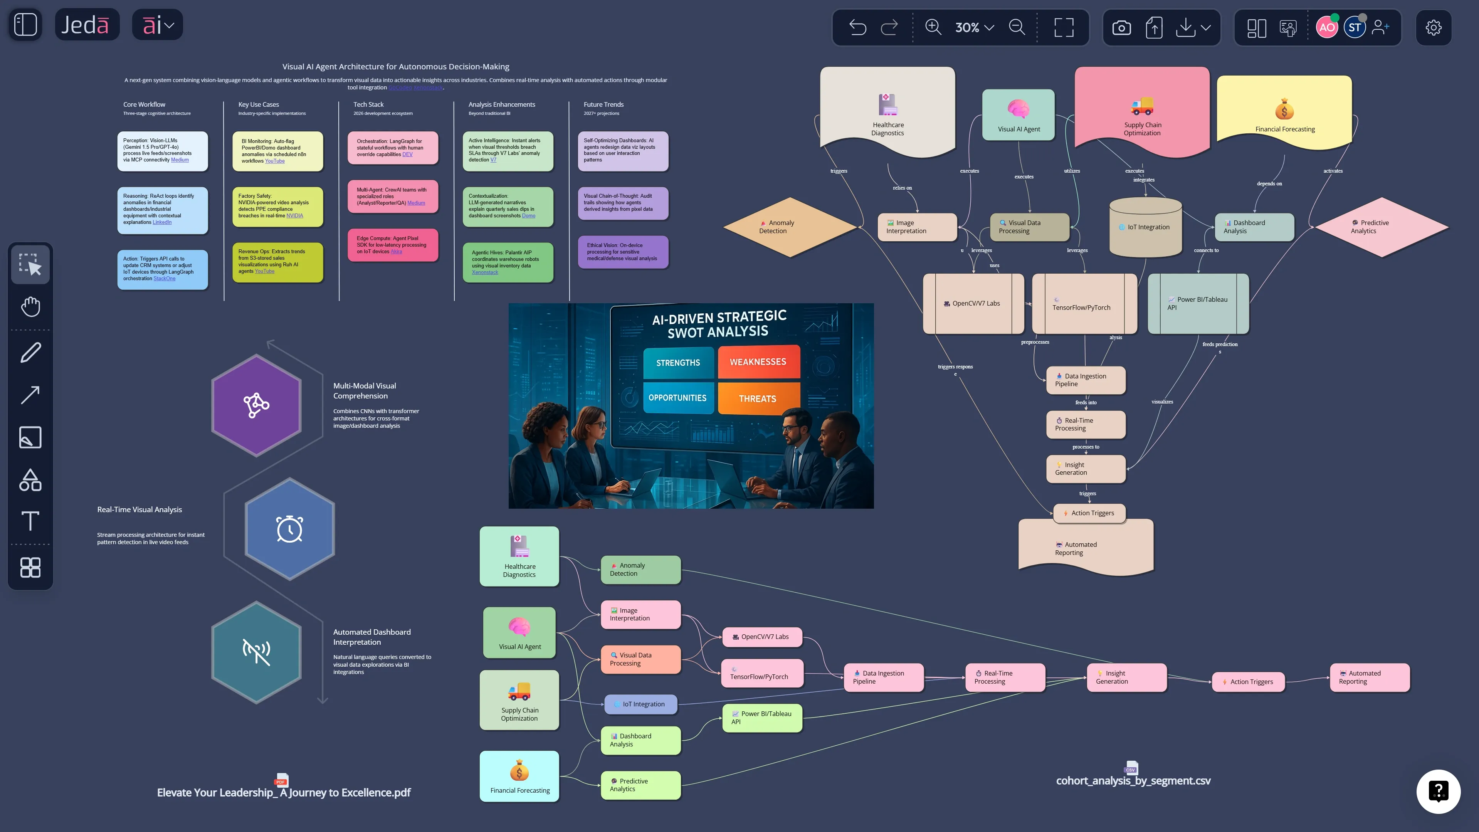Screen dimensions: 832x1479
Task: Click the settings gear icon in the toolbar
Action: (1433, 27)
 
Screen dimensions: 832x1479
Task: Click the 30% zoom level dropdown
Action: (974, 27)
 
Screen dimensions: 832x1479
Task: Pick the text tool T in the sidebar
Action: (30, 521)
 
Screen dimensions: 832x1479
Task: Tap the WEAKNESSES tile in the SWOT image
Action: (758, 362)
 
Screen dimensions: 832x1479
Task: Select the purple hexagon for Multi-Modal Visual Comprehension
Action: (256, 405)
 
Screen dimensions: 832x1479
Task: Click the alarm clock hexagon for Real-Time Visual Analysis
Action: (289, 529)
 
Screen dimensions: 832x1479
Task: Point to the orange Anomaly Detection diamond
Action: (790, 227)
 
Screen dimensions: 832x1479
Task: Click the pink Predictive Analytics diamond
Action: (1382, 227)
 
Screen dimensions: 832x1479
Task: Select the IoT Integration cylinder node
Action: (1145, 227)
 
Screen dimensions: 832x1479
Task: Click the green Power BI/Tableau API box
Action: (762, 718)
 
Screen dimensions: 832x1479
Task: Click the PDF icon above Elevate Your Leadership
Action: (281, 780)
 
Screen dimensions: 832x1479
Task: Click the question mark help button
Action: (1438, 791)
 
